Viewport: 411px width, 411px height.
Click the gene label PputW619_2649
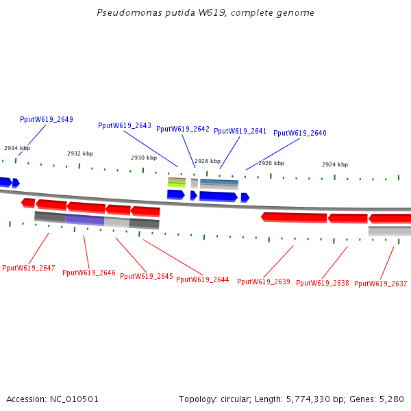point(47,119)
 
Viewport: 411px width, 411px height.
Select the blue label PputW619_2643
point(125,125)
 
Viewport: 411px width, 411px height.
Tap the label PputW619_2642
point(183,129)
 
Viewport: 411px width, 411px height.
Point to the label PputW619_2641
point(240,131)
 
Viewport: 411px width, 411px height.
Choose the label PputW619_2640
point(300,133)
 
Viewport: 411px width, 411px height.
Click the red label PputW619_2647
point(29,268)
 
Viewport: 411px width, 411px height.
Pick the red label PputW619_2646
point(89,273)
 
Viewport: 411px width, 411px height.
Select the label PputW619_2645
point(147,276)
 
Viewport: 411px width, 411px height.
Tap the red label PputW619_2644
point(203,279)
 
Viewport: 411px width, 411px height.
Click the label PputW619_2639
point(264,282)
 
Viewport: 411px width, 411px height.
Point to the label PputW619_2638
point(323,283)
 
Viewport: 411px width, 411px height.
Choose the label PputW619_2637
point(381,284)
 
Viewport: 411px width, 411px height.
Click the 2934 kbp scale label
point(17,148)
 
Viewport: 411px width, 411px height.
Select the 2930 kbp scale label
point(144,158)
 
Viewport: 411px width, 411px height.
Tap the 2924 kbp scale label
point(335,164)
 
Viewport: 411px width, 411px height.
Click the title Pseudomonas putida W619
point(206,13)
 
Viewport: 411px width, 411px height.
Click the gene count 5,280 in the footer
point(391,399)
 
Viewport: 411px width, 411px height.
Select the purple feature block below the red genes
point(84,220)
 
